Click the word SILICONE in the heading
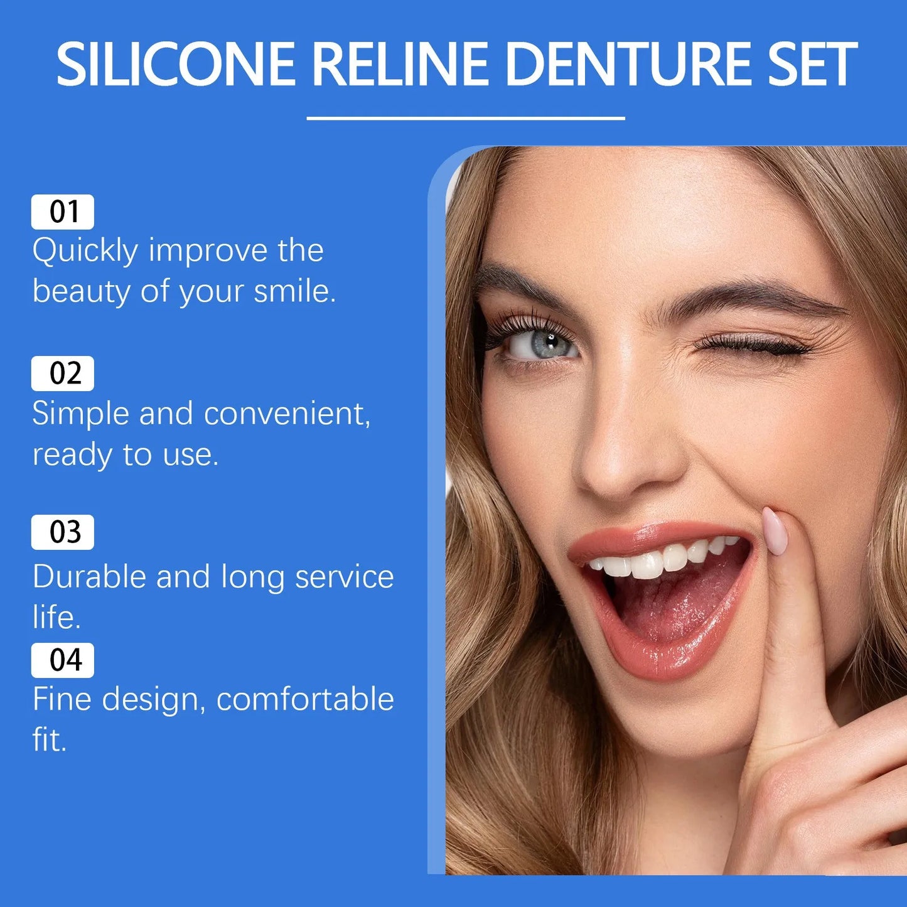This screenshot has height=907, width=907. (x=176, y=64)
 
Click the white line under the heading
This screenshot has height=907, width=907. (x=466, y=117)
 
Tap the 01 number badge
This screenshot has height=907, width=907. (x=63, y=212)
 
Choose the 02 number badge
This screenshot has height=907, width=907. (x=63, y=373)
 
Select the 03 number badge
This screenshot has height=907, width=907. (x=63, y=532)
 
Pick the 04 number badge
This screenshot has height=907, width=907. (x=63, y=660)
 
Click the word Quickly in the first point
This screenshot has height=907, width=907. (x=85, y=251)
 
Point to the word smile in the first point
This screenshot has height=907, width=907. (x=294, y=292)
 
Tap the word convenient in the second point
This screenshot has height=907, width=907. (x=287, y=414)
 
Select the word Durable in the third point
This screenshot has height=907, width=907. (x=89, y=577)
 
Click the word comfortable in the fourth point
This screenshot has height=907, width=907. (x=305, y=699)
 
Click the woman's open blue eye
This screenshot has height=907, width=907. (x=541, y=344)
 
